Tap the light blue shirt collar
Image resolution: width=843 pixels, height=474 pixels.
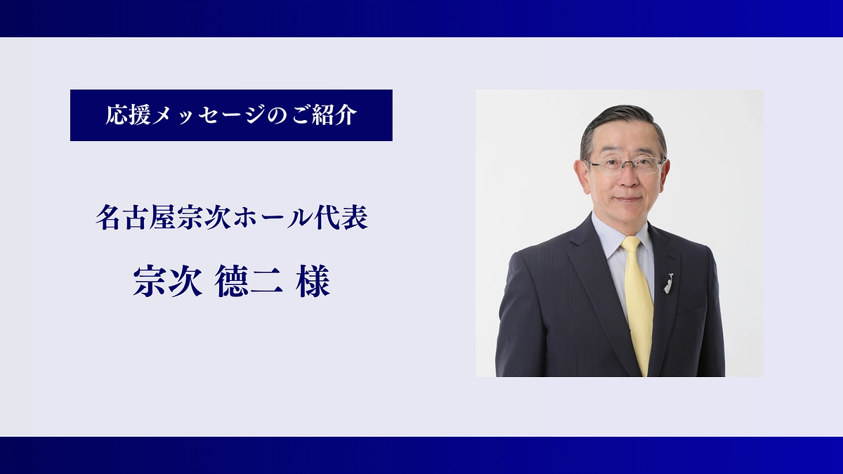[x=608, y=235]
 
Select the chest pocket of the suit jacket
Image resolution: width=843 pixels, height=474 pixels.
[x=687, y=309]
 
